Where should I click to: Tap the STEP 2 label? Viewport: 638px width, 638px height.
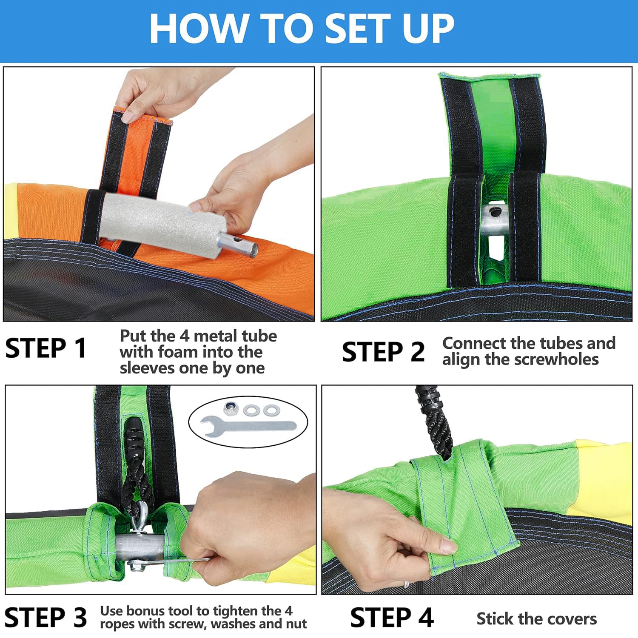tap(383, 352)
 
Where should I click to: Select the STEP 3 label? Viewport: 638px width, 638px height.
tap(46, 617)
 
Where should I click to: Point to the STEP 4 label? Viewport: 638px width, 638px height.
tap(392, 617)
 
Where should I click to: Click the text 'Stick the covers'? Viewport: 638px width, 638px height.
tap(537, 619)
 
